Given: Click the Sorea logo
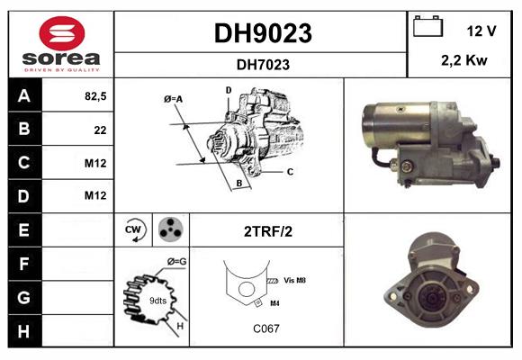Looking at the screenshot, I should [x=61, y=45].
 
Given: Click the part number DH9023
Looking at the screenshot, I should [x=262, y=33].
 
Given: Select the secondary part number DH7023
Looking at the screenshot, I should [x=262, y=64].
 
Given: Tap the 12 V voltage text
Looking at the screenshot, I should [x=481, y=31].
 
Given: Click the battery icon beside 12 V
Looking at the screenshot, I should [x=427, y=27].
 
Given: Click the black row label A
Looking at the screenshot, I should [x=24, y=96].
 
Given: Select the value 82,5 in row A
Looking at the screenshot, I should [x=95, y=96].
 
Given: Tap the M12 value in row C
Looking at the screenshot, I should [x=95, y=163].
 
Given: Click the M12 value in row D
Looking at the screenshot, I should [x=95, y=196].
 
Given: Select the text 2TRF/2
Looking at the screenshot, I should [x=267, y=231].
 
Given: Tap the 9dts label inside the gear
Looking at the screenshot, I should [x=157, y=300].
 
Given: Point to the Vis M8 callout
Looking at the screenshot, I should [x=294, y=281].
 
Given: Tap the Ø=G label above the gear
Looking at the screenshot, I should [x=176, y=261].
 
